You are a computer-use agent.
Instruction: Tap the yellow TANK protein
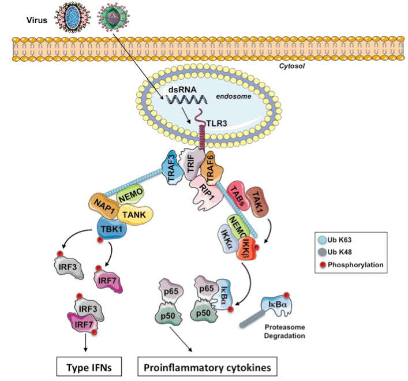tap(137, 214)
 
